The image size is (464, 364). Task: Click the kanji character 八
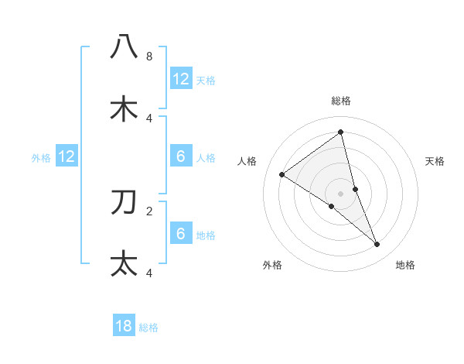[x=124, y=46]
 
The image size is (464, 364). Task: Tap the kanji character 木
[x=124, y=108]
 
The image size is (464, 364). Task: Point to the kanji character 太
[x=124, y=263]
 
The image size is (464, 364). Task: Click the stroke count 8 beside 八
[x=148, y=57]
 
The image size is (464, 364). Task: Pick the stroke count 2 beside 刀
[x=148, y=210]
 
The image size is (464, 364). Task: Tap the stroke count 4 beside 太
[x=148, y=273]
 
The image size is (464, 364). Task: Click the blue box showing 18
[x=124, y=326]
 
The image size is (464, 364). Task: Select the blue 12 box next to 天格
[x=181, y=78]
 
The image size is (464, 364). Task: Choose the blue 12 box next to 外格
[x=67, y=156]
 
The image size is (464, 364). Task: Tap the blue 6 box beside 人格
[x=181, y=156]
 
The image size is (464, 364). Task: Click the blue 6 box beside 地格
[x=181, y=233]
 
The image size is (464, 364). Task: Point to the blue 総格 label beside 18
[x=148, y=328]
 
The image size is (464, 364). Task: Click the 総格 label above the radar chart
[x=341, y=101]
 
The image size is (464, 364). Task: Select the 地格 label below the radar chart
[x=405, y=265]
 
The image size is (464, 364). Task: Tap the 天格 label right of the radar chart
[x=435, y=161]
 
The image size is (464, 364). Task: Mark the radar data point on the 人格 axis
[x=281, y=174]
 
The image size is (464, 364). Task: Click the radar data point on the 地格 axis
[x=377, y=244]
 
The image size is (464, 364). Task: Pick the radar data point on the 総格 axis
[x=341, y=132]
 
